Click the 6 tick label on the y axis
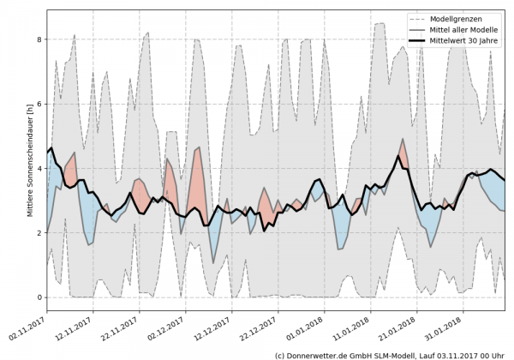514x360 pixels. [39, 104]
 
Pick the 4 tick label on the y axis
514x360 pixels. [39, 168]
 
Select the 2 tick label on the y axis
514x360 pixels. [39, 233]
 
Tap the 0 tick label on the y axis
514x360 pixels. [39, 297]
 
